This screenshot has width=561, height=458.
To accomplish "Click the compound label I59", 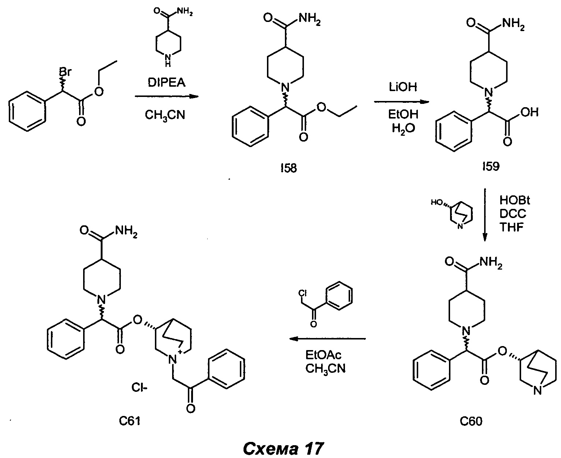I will coord(491,167).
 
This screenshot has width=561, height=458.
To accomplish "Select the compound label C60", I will coord(471,422).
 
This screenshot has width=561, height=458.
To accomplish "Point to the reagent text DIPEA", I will coord(167,83).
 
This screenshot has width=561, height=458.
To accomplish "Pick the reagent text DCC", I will coord(513,214).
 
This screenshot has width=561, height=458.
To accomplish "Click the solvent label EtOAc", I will coord(323,356).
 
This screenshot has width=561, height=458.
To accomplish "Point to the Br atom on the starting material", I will coord(64,72).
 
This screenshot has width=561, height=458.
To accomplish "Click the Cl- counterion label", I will coord(140,387).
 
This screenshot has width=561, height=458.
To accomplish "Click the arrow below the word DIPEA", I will coord(166,96).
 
